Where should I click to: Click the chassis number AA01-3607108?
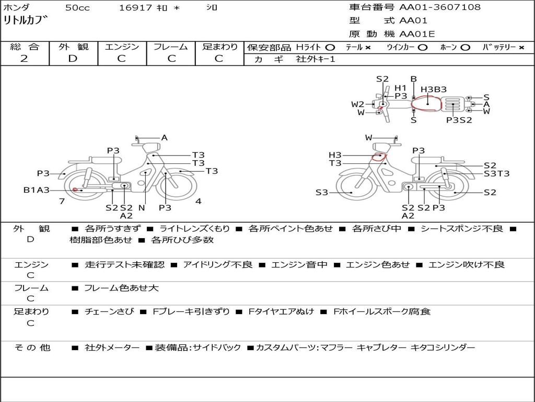(x=440, y=7)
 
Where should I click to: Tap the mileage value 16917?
(x=135, y=7)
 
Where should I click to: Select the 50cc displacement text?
(x=77, y=7)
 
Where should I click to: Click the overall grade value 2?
(x=24, y=59)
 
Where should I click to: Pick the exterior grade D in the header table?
(x=73, y=59)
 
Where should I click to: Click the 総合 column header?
(x=25, y=47)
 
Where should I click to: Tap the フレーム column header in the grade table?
(x=171, y=47)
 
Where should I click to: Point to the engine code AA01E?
(x=417, y=34)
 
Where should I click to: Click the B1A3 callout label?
(x=36, y=189)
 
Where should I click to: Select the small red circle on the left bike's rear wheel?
(x=75, y=189)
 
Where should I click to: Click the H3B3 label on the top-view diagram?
(x=433, y=90)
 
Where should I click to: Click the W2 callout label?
(x=357, y=104)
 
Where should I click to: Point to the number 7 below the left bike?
(x=62, y=201)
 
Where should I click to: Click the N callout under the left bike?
(x=142, y=207)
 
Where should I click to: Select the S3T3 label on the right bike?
(x=496, y=174)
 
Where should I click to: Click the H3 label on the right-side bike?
(x=335, y=155)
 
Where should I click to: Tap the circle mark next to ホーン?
(x=465, y=48)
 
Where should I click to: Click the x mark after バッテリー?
(x=521, y=48)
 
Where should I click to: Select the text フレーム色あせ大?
(x=121, y=288)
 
